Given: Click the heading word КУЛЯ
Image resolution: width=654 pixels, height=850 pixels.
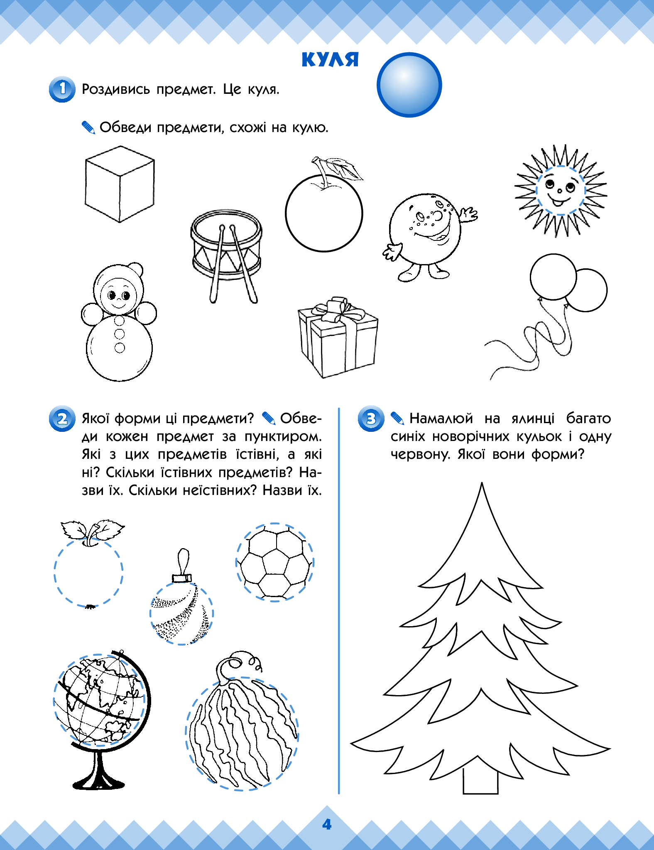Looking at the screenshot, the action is pyautogui.click(x=330, y=59).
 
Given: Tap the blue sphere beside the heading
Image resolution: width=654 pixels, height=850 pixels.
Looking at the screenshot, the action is pyautogui.click(x=409, y=85).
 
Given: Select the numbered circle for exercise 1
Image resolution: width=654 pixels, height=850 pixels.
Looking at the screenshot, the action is pyautogui.click(x=62, y=89).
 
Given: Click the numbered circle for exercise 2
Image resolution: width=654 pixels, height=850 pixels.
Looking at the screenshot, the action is pyautogui.click(x=62, y=418).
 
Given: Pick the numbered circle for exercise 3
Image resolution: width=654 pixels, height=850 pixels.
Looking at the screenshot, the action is pyautogui.click(x=371, y=418).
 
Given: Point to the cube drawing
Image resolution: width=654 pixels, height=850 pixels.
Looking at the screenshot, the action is pyautogui.click(x=120, y=184).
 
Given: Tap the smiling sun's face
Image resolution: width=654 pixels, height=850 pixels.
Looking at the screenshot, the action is pyautogui.click(x=560, y=191).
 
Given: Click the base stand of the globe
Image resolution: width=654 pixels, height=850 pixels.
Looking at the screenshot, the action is pyautogui.click(x=99, y=773).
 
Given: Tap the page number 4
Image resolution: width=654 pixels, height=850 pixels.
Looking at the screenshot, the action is pyautogui.click(x=327, y=824).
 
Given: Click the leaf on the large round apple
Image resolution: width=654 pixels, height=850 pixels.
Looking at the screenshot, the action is pyautogui.click(x=343, y=169).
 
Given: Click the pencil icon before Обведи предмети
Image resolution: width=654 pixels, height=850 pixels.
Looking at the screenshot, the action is pyautogui.click(x=88, y=127).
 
